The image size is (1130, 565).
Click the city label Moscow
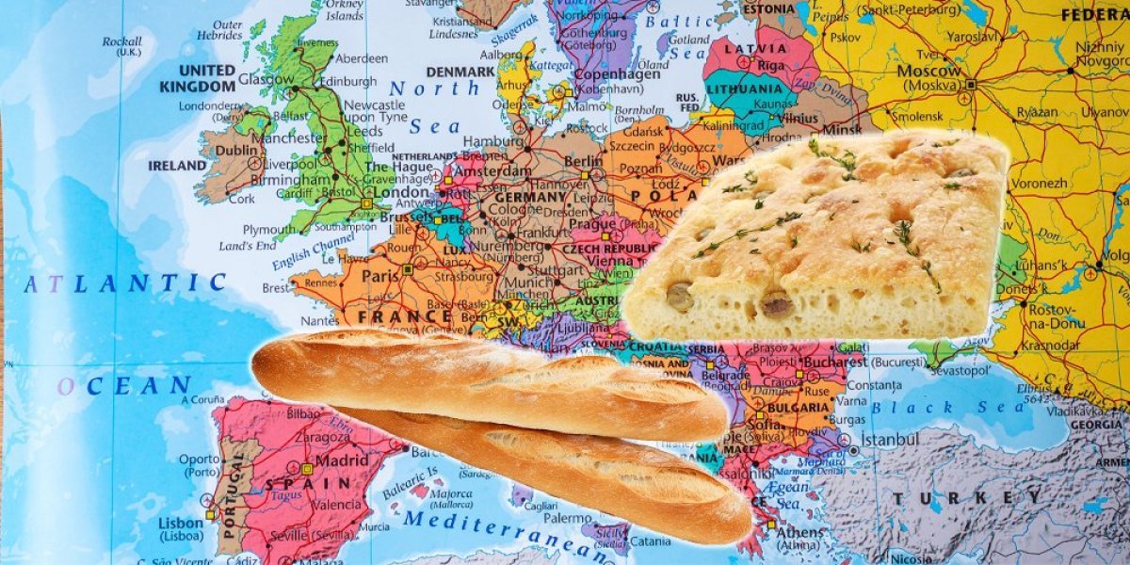(929, 71)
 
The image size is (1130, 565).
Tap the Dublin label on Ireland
(235, 150)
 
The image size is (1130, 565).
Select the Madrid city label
(342, 460)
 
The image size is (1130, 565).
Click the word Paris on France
(380, 277)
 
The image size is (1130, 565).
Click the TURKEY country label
(970, 498)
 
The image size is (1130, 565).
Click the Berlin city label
(584, 161)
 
